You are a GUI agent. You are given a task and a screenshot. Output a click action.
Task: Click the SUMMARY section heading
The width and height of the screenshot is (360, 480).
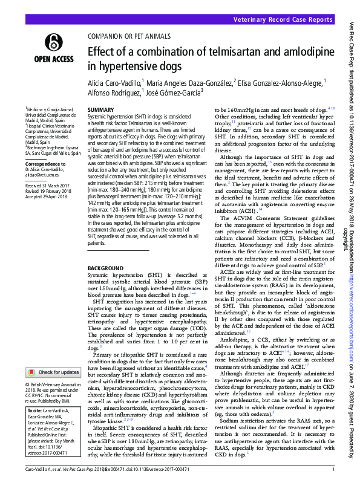[x=101, y=110]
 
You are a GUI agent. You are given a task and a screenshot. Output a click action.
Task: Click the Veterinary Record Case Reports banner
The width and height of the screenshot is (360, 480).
[x=290, y=20]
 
